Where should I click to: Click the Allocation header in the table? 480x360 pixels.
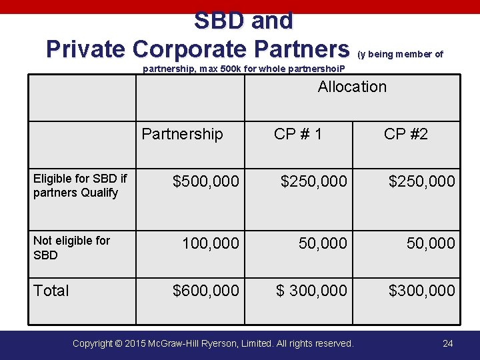(x=352, y=87)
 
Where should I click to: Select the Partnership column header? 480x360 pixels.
(x=182, y=134)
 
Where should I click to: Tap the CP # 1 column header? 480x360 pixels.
(x=298, y=134)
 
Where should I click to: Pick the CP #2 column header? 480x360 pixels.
(x=406, y=134)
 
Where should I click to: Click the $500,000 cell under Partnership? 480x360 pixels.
(x=205, y=181)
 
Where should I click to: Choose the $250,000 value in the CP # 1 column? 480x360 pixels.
(x=313, y=181)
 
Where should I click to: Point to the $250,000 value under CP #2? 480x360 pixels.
(x=422, y=181)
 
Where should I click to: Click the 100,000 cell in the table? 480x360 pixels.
(x=211, y=243)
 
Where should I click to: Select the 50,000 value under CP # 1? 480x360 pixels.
(x=323, y=243)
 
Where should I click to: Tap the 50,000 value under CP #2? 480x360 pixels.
(x=431, y=243)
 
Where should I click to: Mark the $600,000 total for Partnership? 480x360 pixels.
(x=205, y=291)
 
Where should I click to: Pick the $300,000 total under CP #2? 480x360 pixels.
(x=422, y=291)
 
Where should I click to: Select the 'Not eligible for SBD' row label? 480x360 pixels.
(x=71, y=247)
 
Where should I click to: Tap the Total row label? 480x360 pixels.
(x=51, y=291)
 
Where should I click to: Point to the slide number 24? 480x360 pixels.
(x=448, y=343)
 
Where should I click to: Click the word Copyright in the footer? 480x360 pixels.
(x=97, y=343)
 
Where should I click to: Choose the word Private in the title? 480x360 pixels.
(x=85, y=49)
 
